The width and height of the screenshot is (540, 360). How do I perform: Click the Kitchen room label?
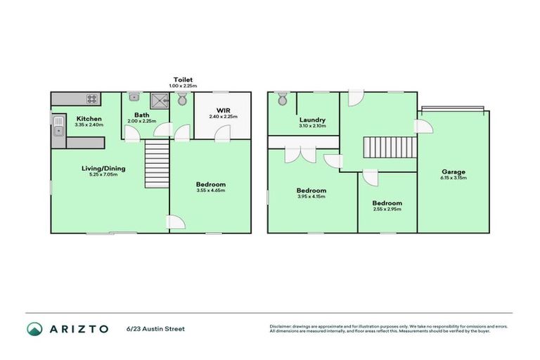click(x=89, y=119)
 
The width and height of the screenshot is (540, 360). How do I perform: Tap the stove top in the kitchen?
click(x=91, y=98)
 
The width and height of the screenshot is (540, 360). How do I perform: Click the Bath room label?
click(x=142, y=115)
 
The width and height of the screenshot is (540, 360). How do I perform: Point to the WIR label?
click(x=223, y=110)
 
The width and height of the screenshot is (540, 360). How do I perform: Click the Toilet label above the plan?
click(x=184, y=80)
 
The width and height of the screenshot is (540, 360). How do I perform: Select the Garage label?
click(x=454, y=172)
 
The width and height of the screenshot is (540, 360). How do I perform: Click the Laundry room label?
click(x=311, y=120)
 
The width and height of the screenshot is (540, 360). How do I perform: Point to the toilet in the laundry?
click(x=283, y=100)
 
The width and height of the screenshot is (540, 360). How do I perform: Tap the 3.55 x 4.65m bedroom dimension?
click(x=210, y=191)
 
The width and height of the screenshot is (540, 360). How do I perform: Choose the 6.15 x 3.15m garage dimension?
click(x=454, y=178)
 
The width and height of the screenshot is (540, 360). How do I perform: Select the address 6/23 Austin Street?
click(x=157, y=328)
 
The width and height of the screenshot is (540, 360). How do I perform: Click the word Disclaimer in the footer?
click(x=281, y=326)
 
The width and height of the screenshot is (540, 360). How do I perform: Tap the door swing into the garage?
click(x=424, y=126)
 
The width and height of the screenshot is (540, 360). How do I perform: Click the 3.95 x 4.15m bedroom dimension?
click(x=311, y=196)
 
